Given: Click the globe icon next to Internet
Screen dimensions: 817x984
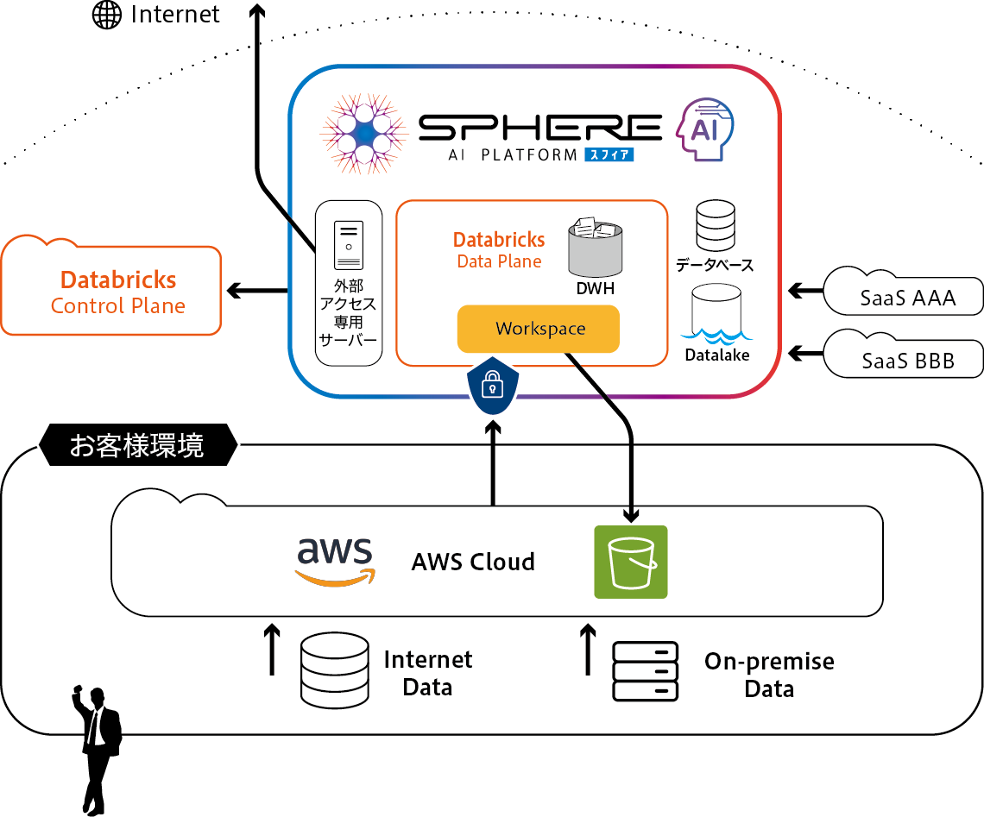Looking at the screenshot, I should (107, 16).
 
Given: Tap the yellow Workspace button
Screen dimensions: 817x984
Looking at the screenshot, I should (539, 329).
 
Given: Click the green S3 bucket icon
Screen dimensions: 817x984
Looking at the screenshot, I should (630, 562).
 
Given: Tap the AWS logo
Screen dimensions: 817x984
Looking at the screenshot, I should (335, 562).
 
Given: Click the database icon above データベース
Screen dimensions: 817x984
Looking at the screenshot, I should (715, 226).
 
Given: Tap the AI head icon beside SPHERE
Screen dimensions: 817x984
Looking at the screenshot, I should (707, 129).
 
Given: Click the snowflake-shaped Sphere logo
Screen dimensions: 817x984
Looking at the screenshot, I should (363, 132).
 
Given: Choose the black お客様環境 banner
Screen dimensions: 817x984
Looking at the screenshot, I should (138, 445).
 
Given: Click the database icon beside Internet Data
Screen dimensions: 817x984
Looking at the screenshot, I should (334, 672).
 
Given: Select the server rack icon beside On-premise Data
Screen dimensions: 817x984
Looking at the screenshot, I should (645, 671).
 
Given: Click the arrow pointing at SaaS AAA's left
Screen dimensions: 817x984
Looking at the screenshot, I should (804, 291).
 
